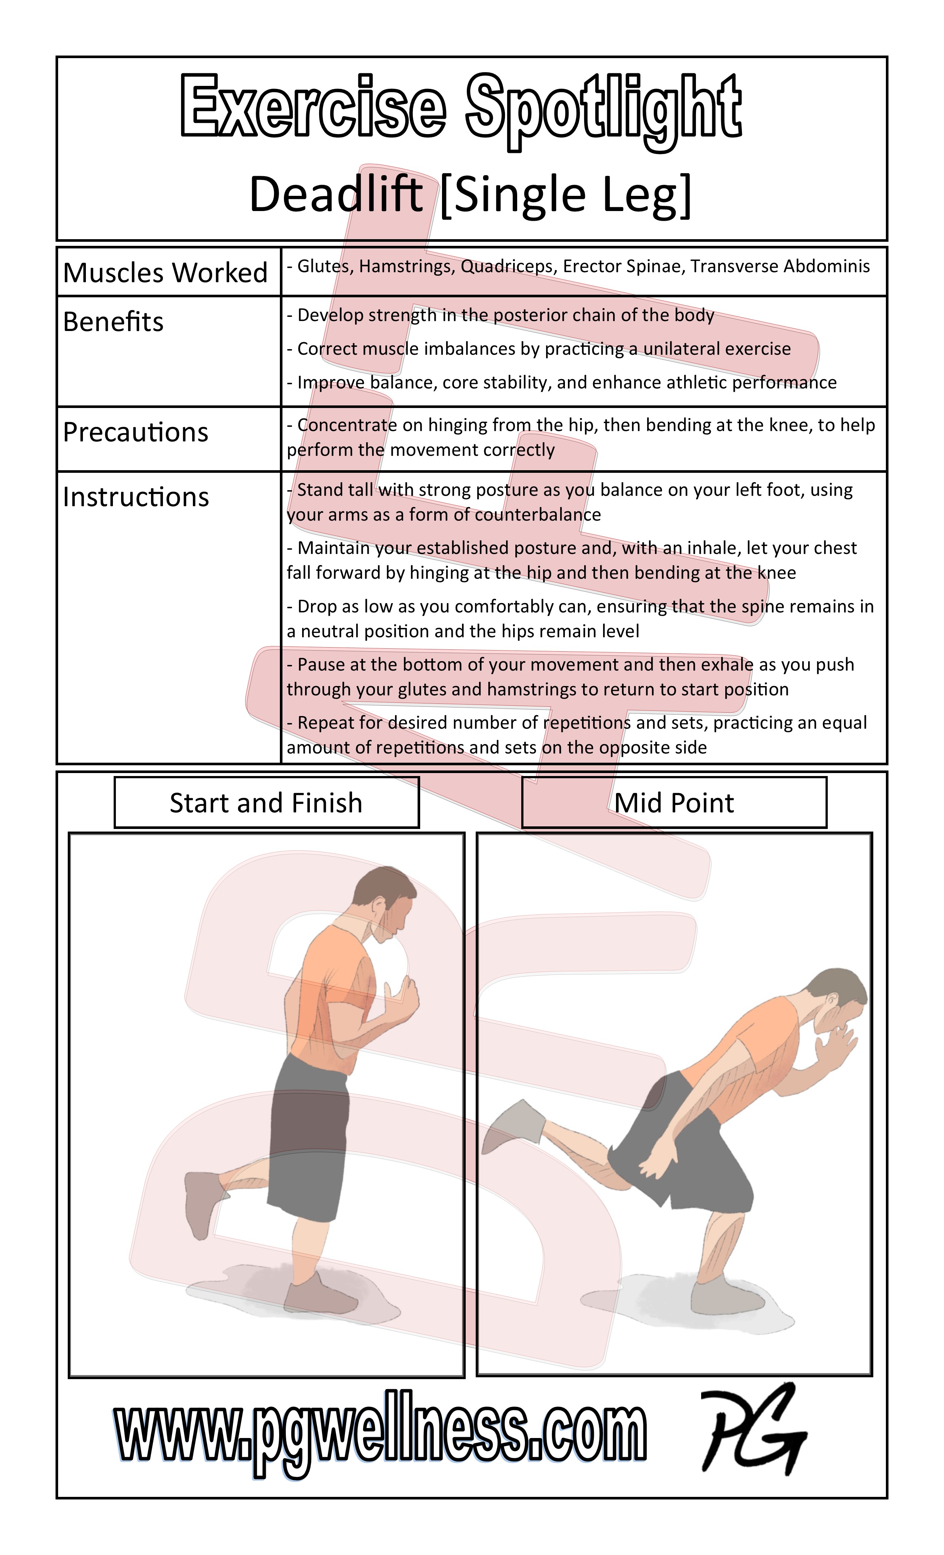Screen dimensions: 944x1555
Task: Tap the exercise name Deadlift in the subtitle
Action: [x=336, y=194]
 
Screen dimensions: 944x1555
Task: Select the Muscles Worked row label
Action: [x=165, y=272]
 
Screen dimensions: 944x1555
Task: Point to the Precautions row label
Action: [x=135, y=432]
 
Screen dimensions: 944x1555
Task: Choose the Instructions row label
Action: [x=135, y=497]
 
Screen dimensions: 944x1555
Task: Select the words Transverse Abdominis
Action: [x=780, y=266]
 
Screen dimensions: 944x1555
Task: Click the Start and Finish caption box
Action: [x=266, y=802]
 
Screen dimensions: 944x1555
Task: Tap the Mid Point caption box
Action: [x=674, y=802]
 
